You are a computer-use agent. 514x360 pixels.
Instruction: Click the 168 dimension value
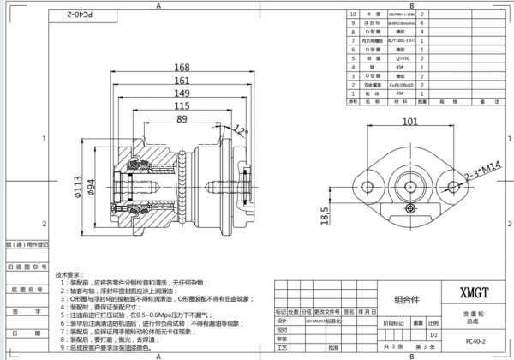coord(181,69)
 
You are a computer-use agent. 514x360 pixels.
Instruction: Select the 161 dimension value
coord(181,81)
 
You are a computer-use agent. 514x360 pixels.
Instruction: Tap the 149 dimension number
coord(181,93)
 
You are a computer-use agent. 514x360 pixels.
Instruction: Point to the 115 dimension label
coord(181,106)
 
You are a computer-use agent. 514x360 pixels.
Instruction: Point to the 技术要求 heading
coord(70,275)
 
